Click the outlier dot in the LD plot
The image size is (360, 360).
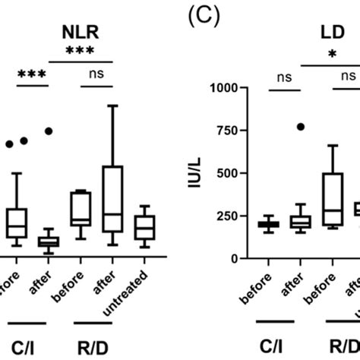click(301, 127)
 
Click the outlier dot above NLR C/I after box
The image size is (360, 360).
click(49, 131)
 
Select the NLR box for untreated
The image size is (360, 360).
click(144, 227)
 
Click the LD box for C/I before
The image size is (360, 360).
click(267, 224)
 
